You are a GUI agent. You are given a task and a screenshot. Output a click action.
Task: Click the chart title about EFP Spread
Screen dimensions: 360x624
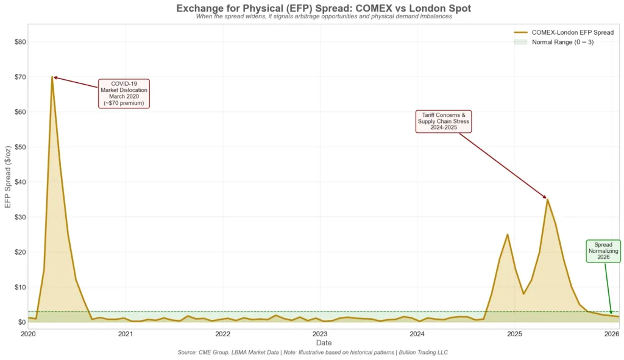coord(323,8)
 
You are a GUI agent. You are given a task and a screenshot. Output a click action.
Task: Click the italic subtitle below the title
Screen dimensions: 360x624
coord(323,16)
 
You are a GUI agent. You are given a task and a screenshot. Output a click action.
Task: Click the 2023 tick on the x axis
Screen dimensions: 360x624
coord(320,334)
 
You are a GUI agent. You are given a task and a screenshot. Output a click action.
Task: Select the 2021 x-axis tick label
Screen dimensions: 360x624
coord(125,334)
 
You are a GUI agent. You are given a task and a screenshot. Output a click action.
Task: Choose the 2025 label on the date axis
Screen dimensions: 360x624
coord(514,334)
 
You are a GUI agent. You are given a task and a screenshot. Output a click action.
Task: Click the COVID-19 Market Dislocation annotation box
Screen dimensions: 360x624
coord(124,93)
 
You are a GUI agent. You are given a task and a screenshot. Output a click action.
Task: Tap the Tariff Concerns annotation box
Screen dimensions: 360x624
coord(443,121)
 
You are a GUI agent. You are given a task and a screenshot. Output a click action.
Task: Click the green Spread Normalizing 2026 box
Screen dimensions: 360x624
coord(603,251)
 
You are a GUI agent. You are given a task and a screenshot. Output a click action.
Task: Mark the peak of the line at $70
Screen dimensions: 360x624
coord(52,77)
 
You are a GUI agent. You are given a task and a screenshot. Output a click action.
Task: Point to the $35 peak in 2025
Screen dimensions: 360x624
coord(547,199)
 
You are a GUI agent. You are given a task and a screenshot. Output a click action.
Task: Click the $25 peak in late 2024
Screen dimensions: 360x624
coord(507,235)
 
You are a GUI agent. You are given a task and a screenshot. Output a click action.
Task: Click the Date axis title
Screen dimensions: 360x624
coord(324,343)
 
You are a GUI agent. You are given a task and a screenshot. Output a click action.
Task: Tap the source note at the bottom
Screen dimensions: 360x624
coord(323,353)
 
